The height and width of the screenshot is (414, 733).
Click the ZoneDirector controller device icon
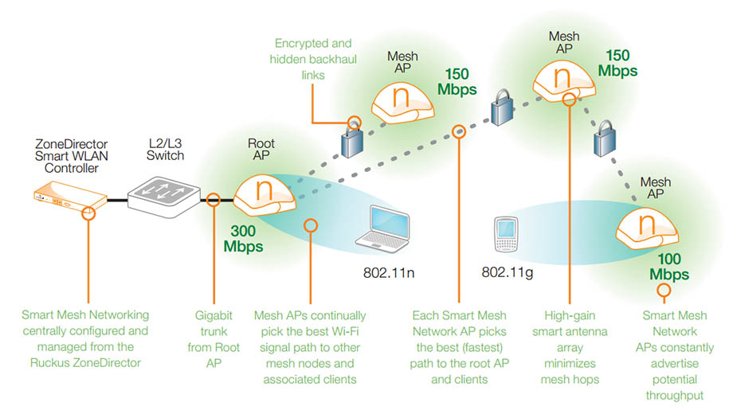point(70,197)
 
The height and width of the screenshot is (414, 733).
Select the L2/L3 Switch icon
point(164,197)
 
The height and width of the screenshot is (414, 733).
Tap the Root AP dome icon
point(265,195)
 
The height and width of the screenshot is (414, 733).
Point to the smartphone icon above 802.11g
point(506,234)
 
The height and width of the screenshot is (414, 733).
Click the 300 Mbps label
point(243,238)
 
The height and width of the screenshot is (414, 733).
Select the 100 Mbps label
point(669,267)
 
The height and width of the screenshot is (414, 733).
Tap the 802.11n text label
point(389,272)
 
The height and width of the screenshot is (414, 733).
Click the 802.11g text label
point(508,272)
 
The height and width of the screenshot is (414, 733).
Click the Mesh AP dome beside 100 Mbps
point(647,228)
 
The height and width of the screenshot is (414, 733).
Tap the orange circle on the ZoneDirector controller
point(88,213)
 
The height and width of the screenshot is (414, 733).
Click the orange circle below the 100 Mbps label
point(664,291)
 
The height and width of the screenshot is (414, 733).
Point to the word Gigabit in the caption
point(214,315)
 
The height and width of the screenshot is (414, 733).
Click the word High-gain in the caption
point(570,316)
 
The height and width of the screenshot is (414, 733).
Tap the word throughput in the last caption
point(675,396)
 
